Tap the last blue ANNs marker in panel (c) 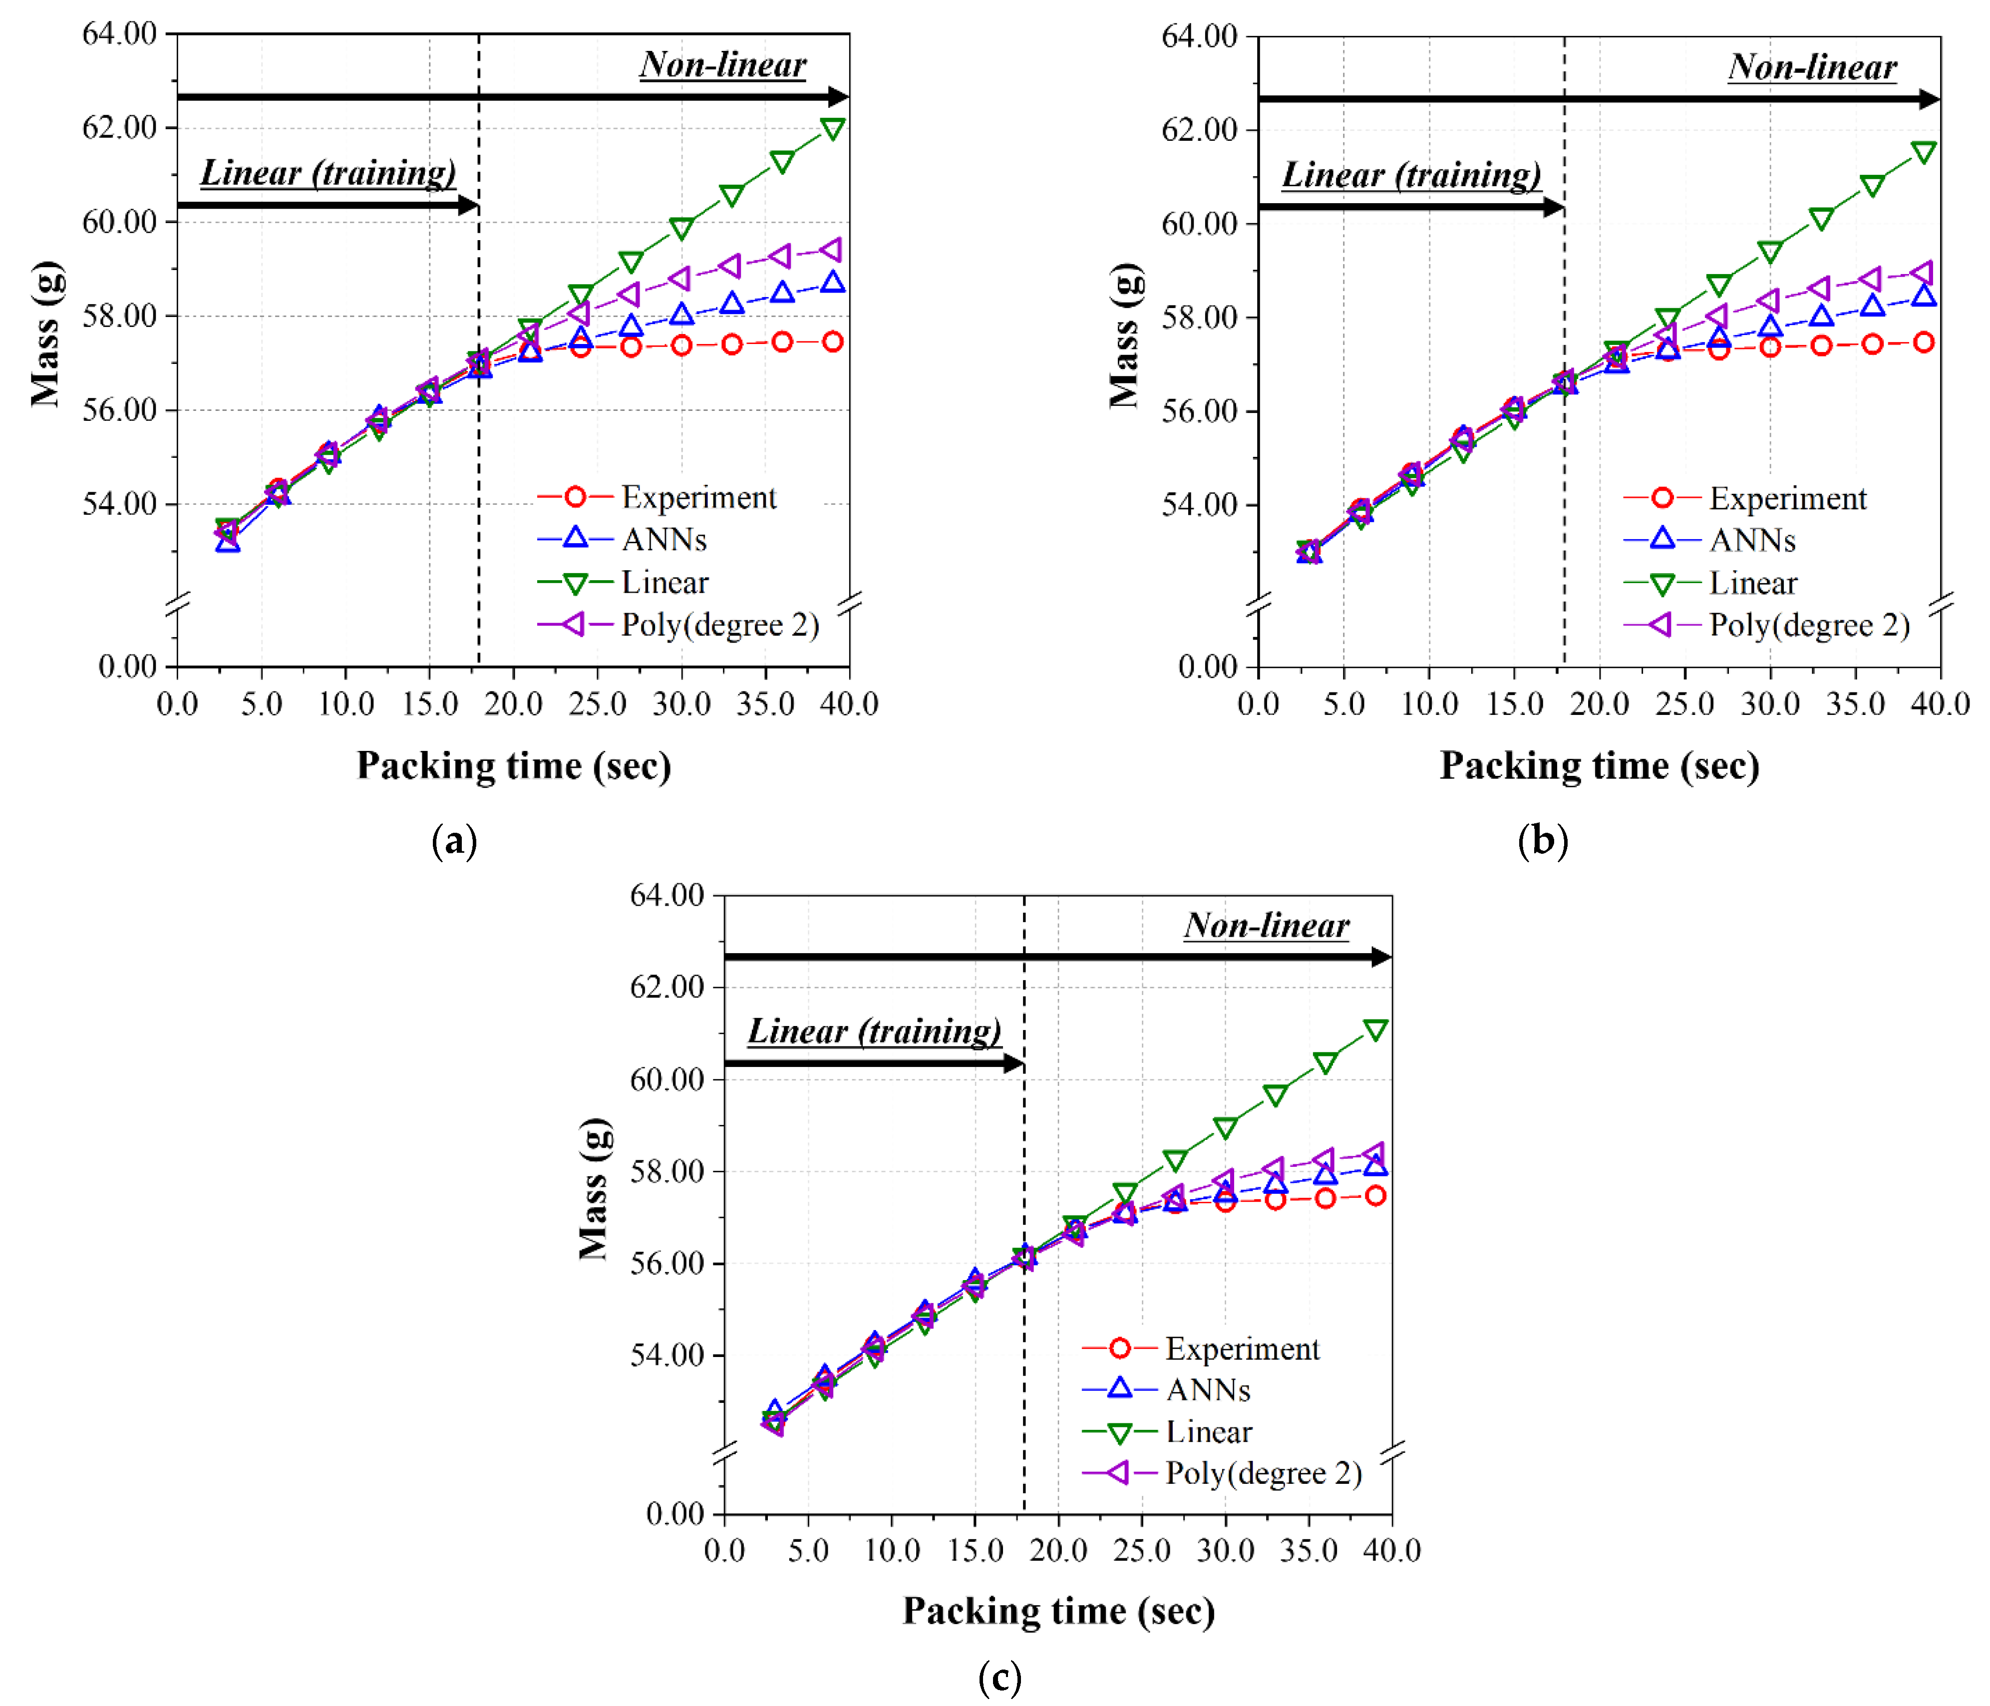tap(1375, 1165)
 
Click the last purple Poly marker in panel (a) tap(832, 250)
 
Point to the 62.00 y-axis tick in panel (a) tap(119, 127)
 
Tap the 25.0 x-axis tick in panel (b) tap(1684, 704)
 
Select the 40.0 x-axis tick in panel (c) tap(1392, 1550)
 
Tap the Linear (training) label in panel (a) tap(328, 173)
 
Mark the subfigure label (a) tap(454, 841)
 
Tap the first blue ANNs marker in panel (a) tap(228, 542)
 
